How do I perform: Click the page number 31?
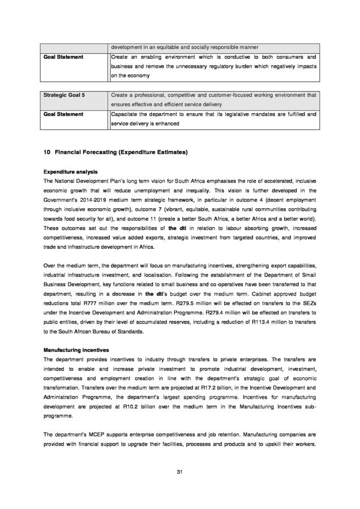pos(180,472)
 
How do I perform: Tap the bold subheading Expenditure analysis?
pos(71,171)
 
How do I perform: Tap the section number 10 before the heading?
pos(46,152)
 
